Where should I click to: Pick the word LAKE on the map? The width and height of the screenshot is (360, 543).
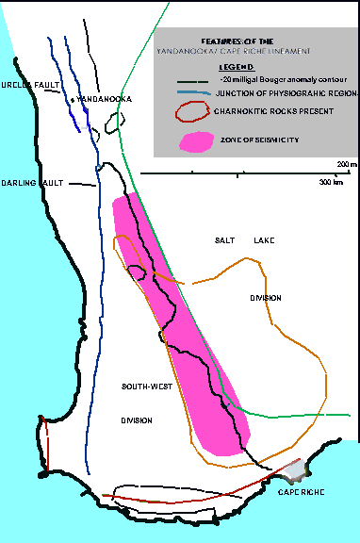tap(262, 242)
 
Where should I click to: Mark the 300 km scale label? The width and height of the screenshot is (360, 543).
tap(330, 181)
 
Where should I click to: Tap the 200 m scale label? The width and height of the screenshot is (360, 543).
tap(347, 164)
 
